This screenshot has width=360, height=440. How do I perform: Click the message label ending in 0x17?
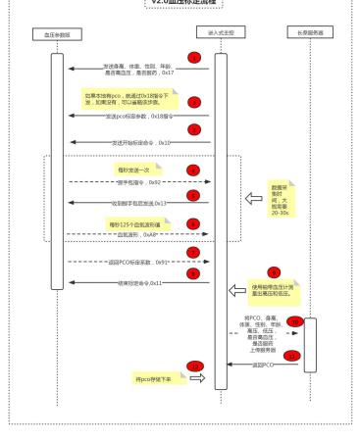coord(136,71)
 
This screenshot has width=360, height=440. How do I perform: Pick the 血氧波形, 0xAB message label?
coord(137,235)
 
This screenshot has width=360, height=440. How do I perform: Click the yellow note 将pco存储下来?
coord(151,377)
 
